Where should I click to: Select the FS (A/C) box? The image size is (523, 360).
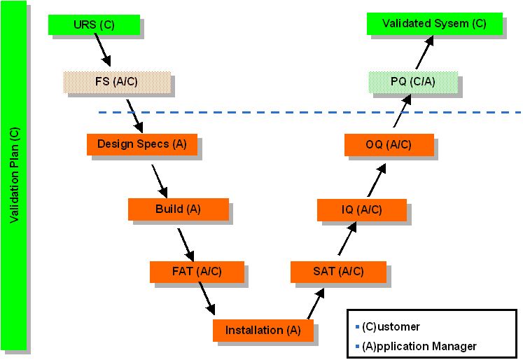116,82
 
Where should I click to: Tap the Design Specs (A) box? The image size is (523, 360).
142,144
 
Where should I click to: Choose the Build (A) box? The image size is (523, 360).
178,209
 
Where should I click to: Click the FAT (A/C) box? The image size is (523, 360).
196,271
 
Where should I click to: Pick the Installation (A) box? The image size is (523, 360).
263,330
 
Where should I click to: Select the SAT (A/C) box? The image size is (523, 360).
338,271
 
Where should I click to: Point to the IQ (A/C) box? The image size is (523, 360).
361,209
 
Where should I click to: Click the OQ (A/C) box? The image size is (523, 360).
389,144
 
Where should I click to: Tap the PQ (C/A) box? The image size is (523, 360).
413,82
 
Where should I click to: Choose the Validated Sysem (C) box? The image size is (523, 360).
434,24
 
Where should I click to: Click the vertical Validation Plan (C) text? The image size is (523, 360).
15,175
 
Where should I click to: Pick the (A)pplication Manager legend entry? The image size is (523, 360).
419,346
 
